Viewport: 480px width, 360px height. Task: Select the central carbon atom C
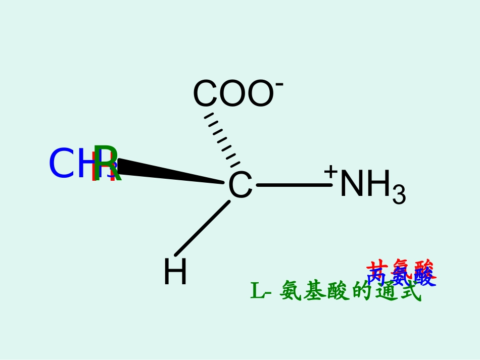[239, 185]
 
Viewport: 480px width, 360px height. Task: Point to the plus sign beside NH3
[331, 171]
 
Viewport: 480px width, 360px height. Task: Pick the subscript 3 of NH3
[399, 195]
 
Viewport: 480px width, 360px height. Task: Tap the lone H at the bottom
[175, 272]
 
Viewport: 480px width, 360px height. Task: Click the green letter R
[108, 164]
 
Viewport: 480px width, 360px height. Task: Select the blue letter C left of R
[61, 164]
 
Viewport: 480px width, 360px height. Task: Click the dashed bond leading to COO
[222, 139]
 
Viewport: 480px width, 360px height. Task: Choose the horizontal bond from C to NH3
[294, 185]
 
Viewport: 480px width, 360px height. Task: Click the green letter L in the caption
[257, 291]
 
